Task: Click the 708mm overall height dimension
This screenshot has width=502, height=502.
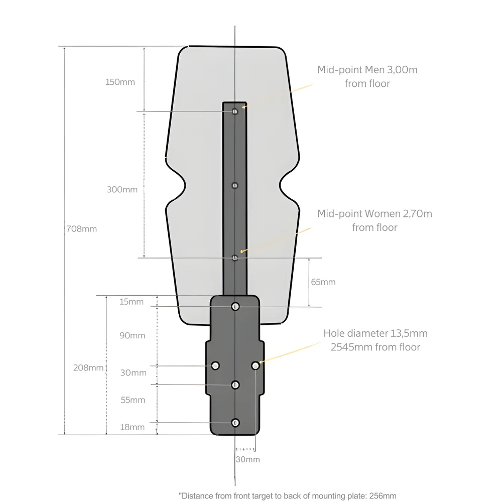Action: coord(81,229)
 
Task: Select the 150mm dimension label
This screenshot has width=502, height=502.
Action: coord(120,82)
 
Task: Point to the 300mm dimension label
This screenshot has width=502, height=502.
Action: coord(122,190)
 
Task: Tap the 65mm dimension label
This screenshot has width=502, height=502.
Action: coord(323,282)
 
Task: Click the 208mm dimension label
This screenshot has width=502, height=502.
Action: coord(88,367)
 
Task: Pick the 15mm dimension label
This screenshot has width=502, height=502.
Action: coord(132,302)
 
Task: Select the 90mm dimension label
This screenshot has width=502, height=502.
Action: coord(132,335)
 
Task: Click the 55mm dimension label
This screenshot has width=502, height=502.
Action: coord(133,400)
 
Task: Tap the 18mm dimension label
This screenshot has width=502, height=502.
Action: coord(133,427)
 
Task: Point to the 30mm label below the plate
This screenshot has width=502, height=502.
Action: coord(247,459)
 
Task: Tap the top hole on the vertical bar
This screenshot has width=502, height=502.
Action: coord(235,111)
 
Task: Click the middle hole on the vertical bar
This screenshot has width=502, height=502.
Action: coord(234,185)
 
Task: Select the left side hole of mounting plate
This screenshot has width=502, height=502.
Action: coord(215,365)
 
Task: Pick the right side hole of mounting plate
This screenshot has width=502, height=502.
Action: coord(256,365)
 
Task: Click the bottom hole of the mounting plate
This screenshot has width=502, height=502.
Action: coord(235,423)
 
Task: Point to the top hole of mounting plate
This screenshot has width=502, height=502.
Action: coord(235,306)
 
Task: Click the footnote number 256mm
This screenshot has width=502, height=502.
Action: coord(383,496)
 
